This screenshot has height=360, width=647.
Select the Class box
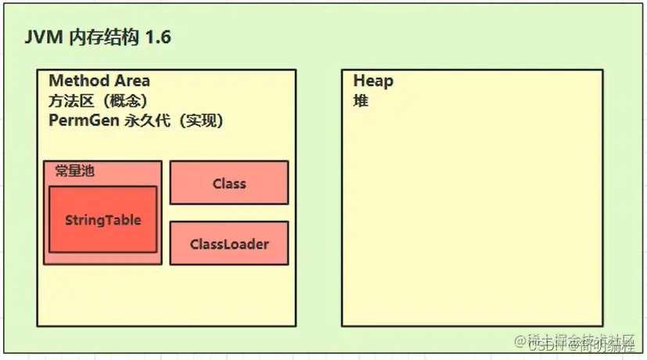[x=228, y=183]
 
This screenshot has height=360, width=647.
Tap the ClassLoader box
[x=228, y=243]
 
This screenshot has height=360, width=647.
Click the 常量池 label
[x=74, y=171]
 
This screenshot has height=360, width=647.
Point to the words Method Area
[x=99, y=81]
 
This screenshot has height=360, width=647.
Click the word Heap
[x=373, y=81]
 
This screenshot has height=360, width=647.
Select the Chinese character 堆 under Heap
[x=361, y=101]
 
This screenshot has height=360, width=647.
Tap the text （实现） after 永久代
[x=196, y=121]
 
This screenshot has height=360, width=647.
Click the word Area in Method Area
[x=131, y=81]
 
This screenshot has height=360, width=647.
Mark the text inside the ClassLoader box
[x=228, y=244]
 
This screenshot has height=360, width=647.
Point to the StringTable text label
[x=102, y=220]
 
